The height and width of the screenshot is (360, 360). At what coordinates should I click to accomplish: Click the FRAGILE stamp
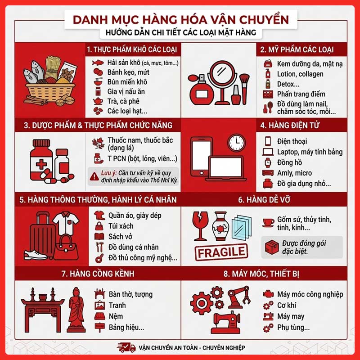[x=221, y=252]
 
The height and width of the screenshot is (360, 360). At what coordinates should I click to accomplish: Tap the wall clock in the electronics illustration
[x=237, y=143]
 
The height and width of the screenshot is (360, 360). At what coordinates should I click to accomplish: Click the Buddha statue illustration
[x=76, y=310]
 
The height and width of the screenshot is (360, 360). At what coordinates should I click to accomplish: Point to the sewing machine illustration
[x=226, y=322]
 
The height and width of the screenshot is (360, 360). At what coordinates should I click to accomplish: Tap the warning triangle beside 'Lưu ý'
[x=94, y=176]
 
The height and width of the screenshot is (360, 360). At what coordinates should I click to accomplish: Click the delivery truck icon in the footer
[x=126, y=347]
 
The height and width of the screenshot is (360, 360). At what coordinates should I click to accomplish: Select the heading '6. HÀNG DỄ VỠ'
[x=264, y=200]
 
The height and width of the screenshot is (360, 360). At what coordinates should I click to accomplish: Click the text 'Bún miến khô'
[x=127, y=82]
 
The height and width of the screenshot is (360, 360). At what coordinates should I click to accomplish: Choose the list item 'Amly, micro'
[x=294, y=173]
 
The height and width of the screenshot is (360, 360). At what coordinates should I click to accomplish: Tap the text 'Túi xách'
[x=121, y=226]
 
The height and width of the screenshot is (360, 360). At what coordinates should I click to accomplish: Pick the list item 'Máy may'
[x=291, y=316]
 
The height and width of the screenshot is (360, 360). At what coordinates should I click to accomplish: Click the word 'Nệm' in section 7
[x=116, y=316]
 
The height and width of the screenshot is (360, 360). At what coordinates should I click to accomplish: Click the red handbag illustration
[x=66, y=247]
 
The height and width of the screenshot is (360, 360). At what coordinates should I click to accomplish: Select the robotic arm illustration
[x=239, y=297]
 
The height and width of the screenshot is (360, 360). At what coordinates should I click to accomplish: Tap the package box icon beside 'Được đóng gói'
[x=272, y=247]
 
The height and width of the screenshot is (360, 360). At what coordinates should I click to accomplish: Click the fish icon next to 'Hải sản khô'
[x=98, y=63]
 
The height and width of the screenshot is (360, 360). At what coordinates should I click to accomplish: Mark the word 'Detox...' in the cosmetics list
[x=288, y=84]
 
